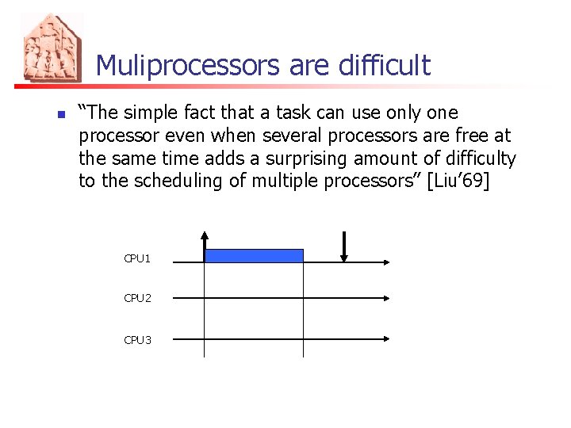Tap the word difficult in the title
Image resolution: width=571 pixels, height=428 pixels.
(x=385, y=65)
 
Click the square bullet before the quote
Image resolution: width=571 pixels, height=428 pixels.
(x=60, y=114)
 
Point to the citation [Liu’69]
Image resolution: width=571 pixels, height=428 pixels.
(x=458, y=181)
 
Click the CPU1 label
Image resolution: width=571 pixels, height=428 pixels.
(x=137, y=258)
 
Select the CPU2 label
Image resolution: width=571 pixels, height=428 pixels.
(x=137, y=298)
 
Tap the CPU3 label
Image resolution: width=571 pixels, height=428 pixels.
(x=137, y=340)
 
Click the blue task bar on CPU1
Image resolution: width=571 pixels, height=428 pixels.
(x=254, y=255)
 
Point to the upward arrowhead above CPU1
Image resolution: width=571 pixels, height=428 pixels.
(x=205, y=236)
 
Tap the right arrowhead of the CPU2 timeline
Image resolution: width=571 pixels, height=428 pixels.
(x=386, y=299)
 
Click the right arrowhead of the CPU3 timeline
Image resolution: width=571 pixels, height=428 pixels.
(x=386, y=338)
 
